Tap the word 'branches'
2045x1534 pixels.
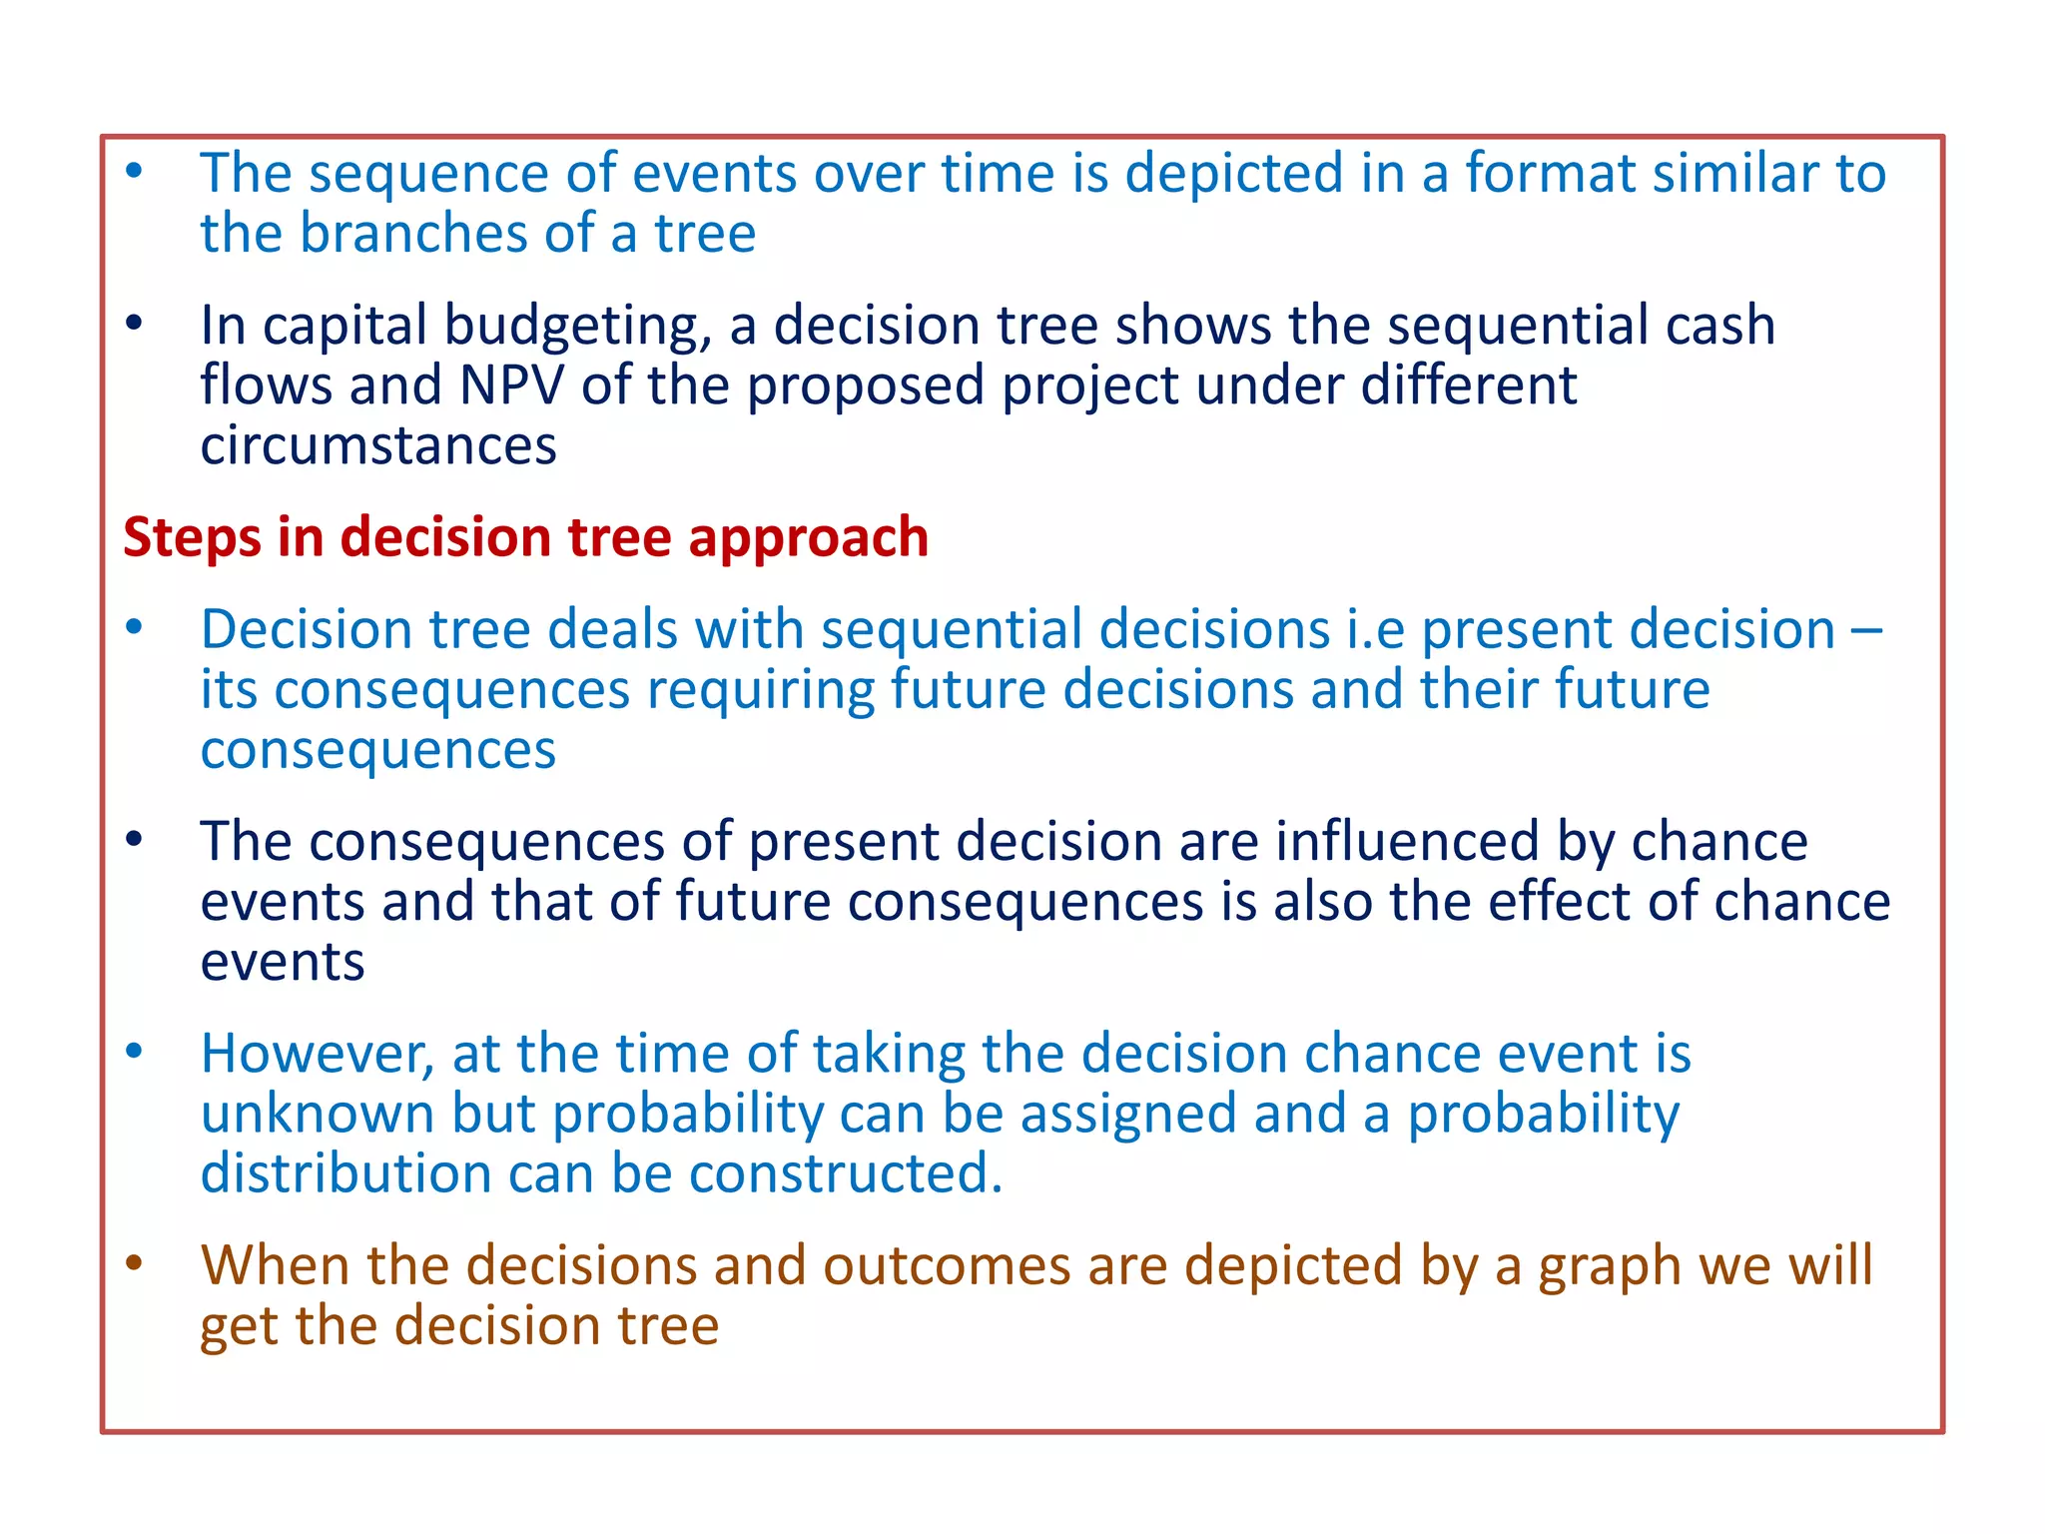tap(413, 234)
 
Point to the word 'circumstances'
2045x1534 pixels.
tap(377, 445)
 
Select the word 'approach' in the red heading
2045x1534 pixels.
tap(808, 538)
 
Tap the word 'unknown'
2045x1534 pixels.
tap(318, 1114)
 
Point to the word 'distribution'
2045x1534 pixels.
tap(345, 1173)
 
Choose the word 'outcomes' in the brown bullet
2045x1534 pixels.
tap(945, 1266)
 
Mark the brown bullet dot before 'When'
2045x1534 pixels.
tap(134, 1262)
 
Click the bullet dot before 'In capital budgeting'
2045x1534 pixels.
tap(134, 323)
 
